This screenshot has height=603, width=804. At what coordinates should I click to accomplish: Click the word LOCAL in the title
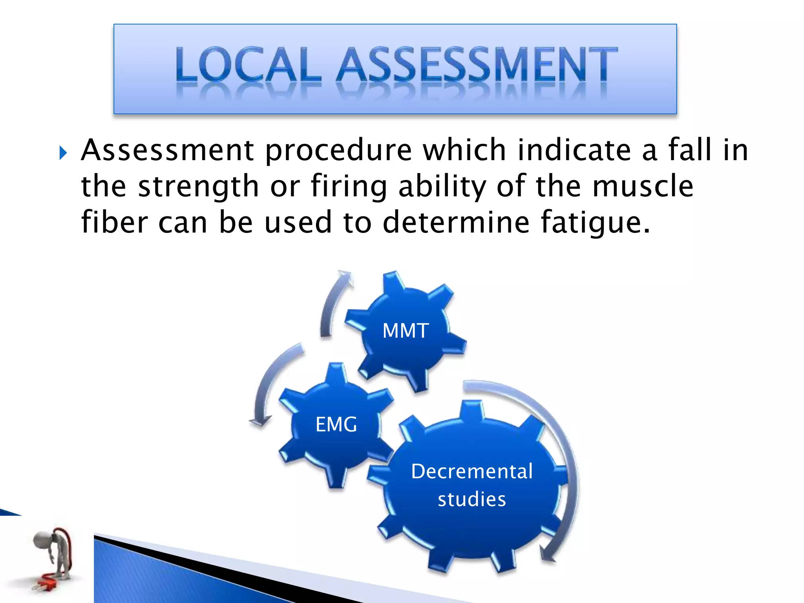click(x=248, y=64)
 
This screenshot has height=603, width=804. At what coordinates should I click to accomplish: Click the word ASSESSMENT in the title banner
click(x=477, y=64)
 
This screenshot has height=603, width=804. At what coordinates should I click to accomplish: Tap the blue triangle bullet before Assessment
click(x=63, y=153)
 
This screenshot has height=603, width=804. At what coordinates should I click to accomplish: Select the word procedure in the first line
click(x=338, y=151)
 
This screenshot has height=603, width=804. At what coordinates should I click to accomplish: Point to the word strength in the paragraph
click(x=198, y=187)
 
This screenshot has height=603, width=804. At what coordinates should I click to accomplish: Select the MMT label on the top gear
click(x=406, y=331)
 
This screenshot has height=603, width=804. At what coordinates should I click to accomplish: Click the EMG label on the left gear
click(x=336, y=424)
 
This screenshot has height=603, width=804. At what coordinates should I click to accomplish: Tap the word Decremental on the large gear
click(x=472, y=471)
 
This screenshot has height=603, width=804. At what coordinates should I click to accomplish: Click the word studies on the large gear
click(x=472, y=499)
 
